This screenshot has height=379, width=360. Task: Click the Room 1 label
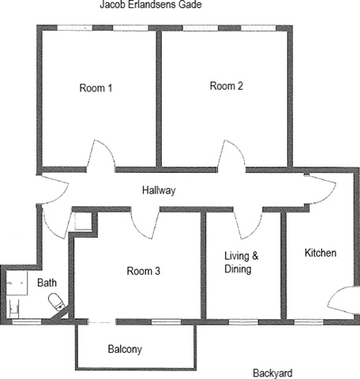tap(96, 88)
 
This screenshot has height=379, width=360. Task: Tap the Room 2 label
tap(227, 86)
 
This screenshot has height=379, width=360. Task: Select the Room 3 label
tap(144, 271)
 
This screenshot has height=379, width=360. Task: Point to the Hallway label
tap(159, 190)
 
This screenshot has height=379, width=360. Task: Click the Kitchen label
tap(321, 253)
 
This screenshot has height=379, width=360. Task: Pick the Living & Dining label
tap(242, 262)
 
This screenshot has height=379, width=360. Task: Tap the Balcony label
tap(125, 349)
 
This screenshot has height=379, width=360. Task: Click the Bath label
tap(47, 283)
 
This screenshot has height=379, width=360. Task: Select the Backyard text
tap(272, 373)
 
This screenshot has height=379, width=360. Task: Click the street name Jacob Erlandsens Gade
tap(151, 5)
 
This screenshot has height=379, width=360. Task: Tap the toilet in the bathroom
tap(57, 302)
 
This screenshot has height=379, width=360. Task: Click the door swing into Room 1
tap(101, 156)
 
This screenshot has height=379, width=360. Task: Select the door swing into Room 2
tap(231, 156)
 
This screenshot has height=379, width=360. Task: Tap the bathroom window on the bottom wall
tap(27, 321)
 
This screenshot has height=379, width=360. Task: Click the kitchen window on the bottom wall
tap(309, 322)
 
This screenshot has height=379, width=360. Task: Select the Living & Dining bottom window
tap(243, 322)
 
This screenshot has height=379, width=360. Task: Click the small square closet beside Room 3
tap(83, 222)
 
